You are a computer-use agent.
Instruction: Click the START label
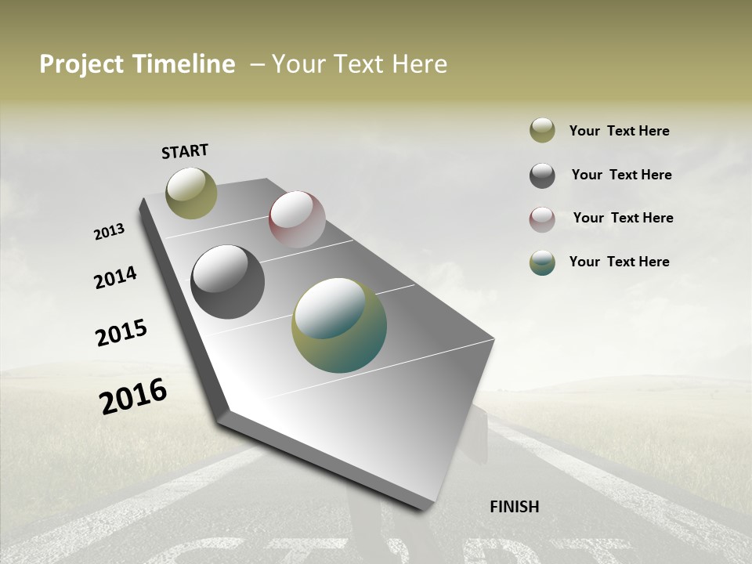coord(185,151)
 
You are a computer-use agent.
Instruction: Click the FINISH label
coord(515,507)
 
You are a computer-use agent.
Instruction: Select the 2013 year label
coord(109,232)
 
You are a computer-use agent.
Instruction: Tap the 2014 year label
coord(115,277)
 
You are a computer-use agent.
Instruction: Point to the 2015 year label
coord(121,333)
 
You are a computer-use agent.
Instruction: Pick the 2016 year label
coord(133,396)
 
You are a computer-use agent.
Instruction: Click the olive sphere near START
coord(192,193)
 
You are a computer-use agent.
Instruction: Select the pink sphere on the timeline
coord(297,219)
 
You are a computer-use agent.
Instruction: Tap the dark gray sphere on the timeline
coord(227,282)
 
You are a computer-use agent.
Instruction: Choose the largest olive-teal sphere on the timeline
coord(339,325)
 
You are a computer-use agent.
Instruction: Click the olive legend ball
coord(542,130)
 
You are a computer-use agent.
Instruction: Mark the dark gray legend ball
coord(542,175)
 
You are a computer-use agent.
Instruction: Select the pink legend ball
coord(542,219)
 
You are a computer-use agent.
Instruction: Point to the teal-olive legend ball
coord(542,262)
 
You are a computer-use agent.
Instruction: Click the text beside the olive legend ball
coord(619,131)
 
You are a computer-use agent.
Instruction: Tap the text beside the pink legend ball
coord(623,218)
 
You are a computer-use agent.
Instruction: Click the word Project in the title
coord(82,64)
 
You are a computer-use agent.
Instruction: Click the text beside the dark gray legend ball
coord(621,175)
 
